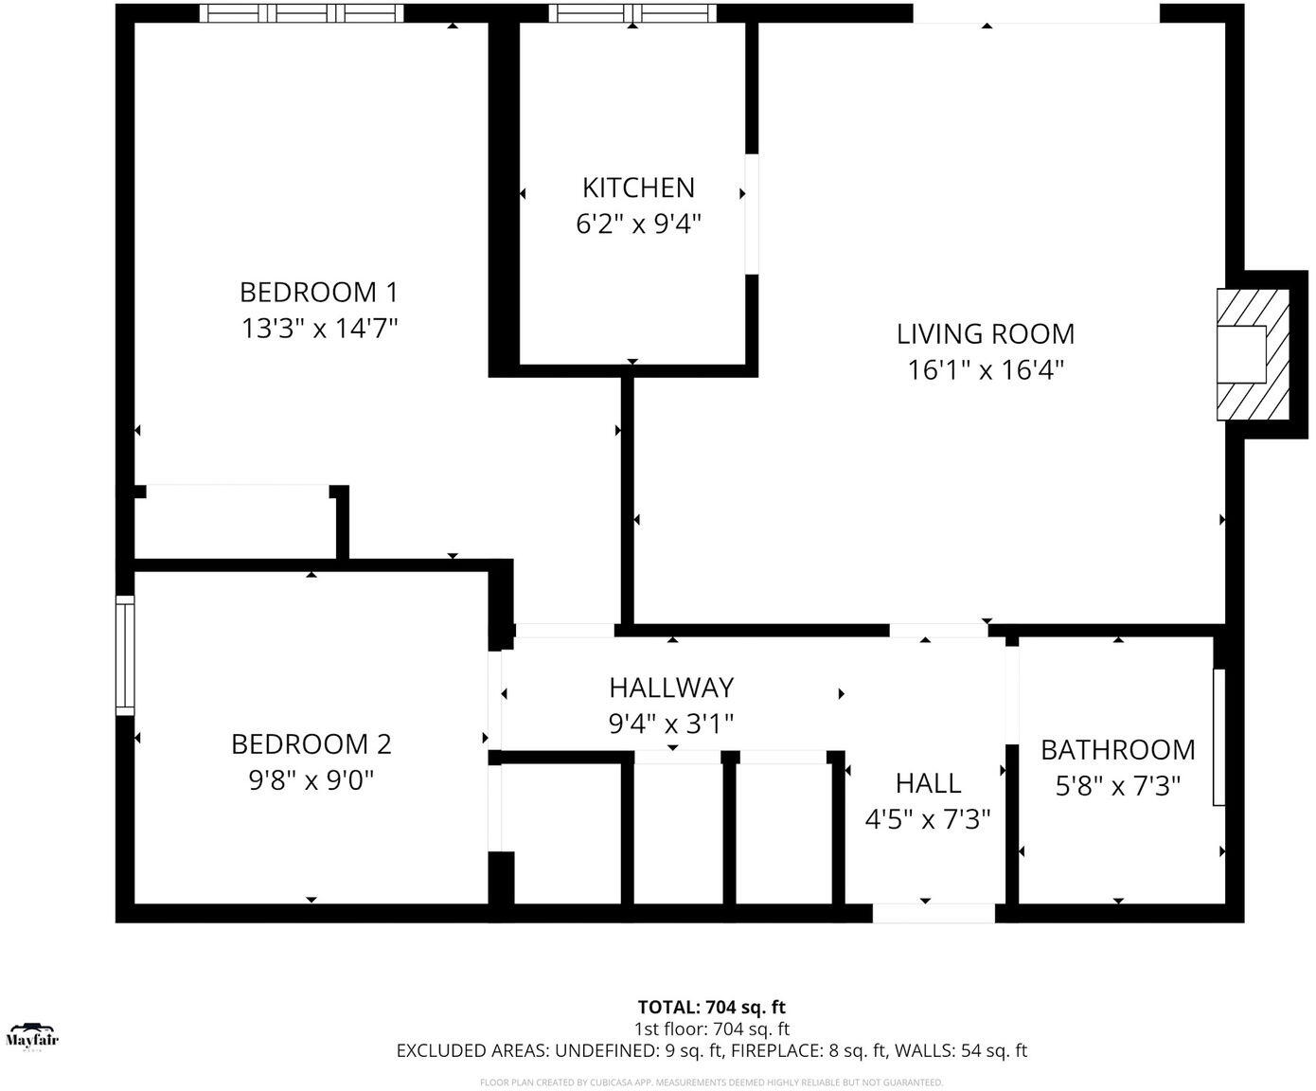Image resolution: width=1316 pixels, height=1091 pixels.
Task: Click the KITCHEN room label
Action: (x=638, y=188)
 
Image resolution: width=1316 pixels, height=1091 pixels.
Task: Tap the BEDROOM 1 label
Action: (x=319, y=292)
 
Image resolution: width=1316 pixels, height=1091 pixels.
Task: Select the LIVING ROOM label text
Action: (x=986, y=333)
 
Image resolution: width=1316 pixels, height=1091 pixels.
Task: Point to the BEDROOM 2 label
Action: (x=311, y=744)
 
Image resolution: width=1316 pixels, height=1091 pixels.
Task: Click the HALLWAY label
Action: (x=671, y=687)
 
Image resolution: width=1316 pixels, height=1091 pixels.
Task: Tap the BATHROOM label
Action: (x=1117, y=750)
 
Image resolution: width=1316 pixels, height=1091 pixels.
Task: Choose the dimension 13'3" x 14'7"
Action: (x=319, y=329)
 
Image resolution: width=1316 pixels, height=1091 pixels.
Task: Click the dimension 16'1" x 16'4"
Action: (x=986, y=370)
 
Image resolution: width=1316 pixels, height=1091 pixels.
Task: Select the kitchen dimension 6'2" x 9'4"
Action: (x=638, y=224)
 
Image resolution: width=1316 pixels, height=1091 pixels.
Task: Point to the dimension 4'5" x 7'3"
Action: (x=928, y=819)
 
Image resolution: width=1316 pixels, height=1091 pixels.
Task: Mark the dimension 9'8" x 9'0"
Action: (x=311, y=781)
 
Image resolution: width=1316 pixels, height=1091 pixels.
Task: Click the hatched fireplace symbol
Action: (x=1254, y=354)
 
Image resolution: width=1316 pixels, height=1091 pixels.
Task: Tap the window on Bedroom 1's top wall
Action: (x=302, y=13)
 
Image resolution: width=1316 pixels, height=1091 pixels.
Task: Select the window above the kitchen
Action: (x=632, y=13)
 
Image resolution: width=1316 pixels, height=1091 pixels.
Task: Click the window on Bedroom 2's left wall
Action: (x=125, y=654)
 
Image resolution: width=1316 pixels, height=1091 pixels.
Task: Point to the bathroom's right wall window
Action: (x=1219, y=737)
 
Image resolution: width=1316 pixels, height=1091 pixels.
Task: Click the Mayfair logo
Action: (x=32, y=1037)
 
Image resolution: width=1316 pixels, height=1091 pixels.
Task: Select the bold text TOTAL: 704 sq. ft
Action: (x=711, y=1008)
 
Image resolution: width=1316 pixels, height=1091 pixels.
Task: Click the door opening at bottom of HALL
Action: (x=934, y=913)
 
